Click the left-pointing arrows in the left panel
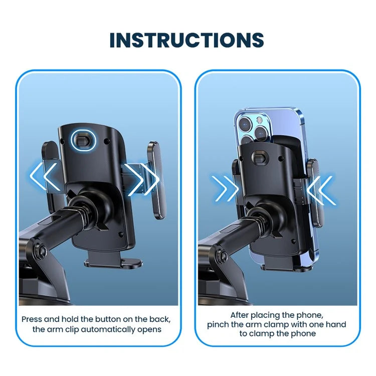(x=44, y=177)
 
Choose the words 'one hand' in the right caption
(x=328, y=324)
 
